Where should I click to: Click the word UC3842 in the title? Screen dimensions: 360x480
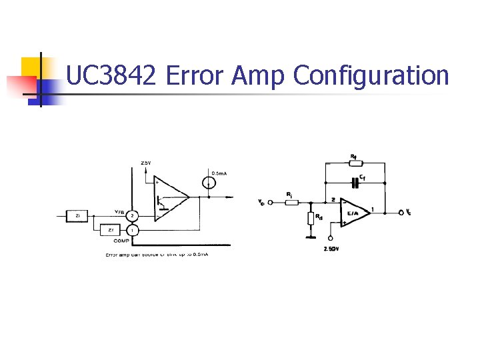111,76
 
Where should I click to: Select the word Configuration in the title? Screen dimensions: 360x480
371,76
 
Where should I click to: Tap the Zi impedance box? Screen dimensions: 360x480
78,215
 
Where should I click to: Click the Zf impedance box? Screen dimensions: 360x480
111,229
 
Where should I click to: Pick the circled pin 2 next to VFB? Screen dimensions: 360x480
133,215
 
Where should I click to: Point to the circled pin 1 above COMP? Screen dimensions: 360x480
133,230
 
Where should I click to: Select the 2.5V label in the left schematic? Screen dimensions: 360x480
146,163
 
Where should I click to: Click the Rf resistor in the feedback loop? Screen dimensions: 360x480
355,163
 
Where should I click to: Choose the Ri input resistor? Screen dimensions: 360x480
291,201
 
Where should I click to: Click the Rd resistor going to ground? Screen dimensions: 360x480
310,218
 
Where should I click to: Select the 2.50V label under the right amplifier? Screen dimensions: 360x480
331,249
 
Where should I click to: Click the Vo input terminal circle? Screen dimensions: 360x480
271,201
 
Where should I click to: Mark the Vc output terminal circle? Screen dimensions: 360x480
401,212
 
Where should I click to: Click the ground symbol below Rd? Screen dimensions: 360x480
310,235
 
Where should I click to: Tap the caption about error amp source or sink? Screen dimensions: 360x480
157,255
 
